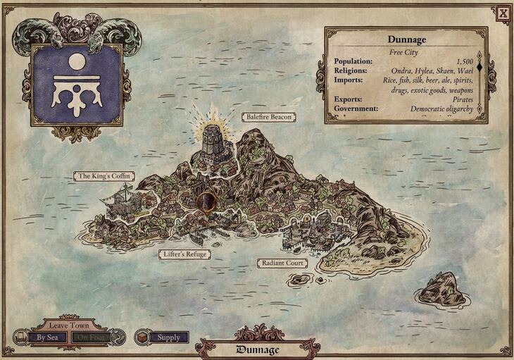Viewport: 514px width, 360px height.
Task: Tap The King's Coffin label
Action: click(104, 175)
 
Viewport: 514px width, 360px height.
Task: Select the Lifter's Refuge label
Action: click(183, 254)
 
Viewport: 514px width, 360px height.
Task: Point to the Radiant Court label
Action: click(282, 263)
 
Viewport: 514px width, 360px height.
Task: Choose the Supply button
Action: click(168, 337)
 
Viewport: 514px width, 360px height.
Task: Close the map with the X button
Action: click(503, 12)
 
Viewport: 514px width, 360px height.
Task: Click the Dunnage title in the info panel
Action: click(406, 40)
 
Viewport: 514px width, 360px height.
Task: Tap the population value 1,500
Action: click(464, 62)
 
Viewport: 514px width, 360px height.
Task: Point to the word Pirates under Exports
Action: click(459, 100)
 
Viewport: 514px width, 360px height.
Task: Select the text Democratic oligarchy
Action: click(442, 109)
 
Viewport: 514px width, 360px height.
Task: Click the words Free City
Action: click(406, 52)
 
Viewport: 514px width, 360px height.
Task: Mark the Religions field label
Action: click(352, 71)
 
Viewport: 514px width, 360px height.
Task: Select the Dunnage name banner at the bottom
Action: click(257, 349)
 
